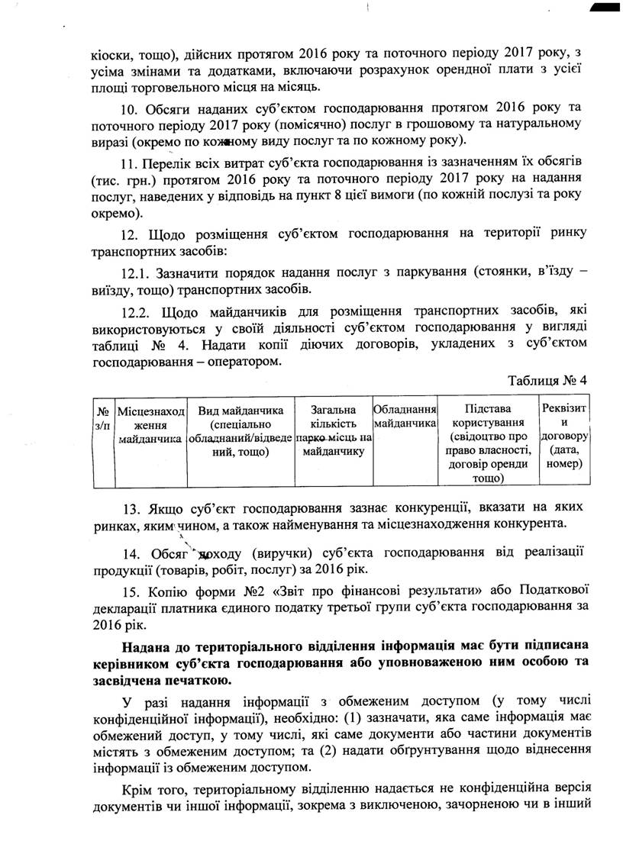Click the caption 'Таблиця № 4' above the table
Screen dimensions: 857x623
point(547,379)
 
